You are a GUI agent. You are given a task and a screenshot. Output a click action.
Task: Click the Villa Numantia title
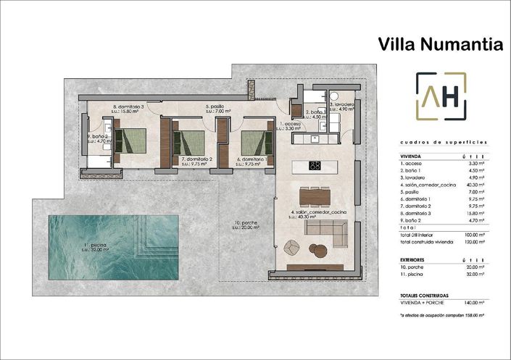[x=440, y=44]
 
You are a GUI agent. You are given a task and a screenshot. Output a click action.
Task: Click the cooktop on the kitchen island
[x=315, y=166]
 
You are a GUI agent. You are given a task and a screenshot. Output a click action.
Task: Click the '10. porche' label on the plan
[x=246, y=224]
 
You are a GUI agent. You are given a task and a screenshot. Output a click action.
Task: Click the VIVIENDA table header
[x=411, y=156]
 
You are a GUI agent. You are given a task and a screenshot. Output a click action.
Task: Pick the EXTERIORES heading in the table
[x=412, y=259]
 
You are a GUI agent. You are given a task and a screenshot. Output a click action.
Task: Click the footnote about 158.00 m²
[x=441, y=316]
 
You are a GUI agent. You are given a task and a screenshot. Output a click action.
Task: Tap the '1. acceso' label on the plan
[x=291, y=125]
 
